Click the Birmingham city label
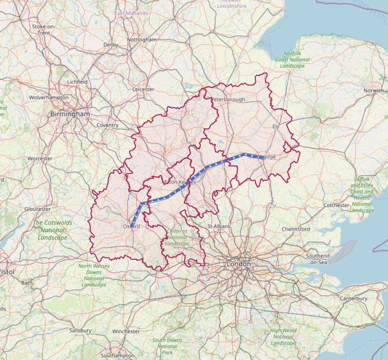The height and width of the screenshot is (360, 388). click(70, 114)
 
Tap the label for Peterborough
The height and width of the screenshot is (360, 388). click(228, 99)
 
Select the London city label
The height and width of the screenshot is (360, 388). click(239, 264)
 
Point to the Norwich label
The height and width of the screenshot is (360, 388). click(373, 90)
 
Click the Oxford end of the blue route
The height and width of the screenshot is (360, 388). click(132, 226)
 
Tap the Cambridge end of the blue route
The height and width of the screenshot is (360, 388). click(264, 158)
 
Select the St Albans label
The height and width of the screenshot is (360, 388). click(219, 226)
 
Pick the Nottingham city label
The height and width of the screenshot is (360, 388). click(142, 39)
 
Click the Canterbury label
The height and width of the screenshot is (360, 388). click(353, 299)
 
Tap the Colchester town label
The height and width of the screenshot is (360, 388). click(336, 205)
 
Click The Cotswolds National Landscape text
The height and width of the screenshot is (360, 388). click(52, 230)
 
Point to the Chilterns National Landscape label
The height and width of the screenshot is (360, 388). click(177, 237)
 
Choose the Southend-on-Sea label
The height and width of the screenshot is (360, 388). click(318, 259)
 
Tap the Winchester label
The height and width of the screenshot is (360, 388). click(126, 331)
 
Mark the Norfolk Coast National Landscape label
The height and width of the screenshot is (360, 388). click(292, 59)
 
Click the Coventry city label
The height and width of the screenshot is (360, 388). click(108, 125)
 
